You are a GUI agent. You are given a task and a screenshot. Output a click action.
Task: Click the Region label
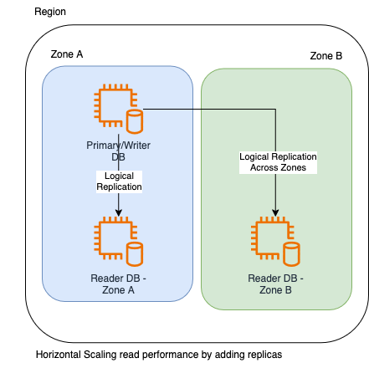coord(50,12)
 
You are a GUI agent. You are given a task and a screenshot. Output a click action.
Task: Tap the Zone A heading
coord(67,54)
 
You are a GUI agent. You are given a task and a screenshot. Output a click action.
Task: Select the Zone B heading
coord(326,56)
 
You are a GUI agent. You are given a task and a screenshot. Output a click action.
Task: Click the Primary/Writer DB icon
coord(119,109)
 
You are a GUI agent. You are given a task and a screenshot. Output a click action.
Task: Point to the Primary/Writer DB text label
coord(118,151)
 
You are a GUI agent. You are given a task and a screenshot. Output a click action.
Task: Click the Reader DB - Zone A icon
coord(119,242)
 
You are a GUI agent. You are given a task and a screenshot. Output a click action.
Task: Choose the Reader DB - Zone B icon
coord(275,242)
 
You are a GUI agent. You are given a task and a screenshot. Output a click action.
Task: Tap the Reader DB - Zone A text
coord(118,284)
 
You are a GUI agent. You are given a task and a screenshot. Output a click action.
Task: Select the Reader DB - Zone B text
coord(275,284)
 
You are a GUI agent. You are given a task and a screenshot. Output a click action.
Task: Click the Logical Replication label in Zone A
coord(119,181)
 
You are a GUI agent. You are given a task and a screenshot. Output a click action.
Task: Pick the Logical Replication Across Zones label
coord(278,162)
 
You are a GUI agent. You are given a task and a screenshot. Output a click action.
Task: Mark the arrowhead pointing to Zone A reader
coord(119,213)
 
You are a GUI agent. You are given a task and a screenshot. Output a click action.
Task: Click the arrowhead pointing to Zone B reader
coord(275,213)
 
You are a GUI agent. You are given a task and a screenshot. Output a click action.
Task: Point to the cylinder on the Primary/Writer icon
coord(135,122)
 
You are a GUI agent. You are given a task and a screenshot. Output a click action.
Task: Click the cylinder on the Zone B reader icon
coord(292,254)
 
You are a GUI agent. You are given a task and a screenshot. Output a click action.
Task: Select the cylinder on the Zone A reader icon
coord(135,254)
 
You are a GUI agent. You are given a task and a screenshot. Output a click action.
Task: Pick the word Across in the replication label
coord(263,167)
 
